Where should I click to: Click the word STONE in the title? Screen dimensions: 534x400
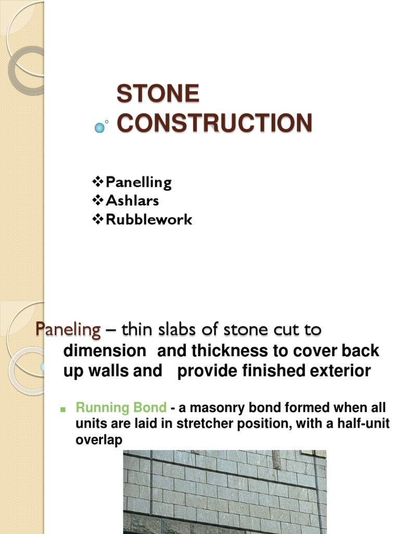[158, 94]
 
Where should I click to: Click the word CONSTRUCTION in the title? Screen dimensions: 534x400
[214, 123]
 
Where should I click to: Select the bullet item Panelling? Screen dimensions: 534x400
[138, 183]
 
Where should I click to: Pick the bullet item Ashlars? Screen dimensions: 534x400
[132, 201]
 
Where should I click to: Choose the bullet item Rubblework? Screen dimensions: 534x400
[149, 220]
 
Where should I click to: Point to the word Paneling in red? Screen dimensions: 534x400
[68, 330]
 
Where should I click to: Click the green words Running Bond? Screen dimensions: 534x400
[121, 408]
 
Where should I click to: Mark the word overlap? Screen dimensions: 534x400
[99, 440]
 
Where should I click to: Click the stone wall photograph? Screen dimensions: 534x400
[224, 491]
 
